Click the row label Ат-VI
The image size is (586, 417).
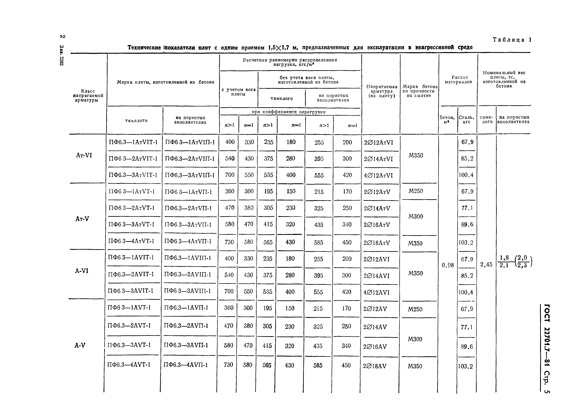[x=84, y=155]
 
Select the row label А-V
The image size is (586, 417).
[x=80, y=345]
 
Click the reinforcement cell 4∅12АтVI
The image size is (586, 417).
[x=378, y=175]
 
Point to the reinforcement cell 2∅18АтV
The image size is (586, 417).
[x=377, y=243]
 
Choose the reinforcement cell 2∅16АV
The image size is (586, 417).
[x=375, y=347]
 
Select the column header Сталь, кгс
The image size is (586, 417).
[x=467, y=120]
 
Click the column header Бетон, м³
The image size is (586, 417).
[x=447, y=120]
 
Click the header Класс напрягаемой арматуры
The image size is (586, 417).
[x=88, y=95]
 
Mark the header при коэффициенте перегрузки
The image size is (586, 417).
[x=288, y=112]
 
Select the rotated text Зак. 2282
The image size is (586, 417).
[x=62, y=55]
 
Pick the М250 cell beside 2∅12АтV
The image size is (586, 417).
[x=416, y=191]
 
